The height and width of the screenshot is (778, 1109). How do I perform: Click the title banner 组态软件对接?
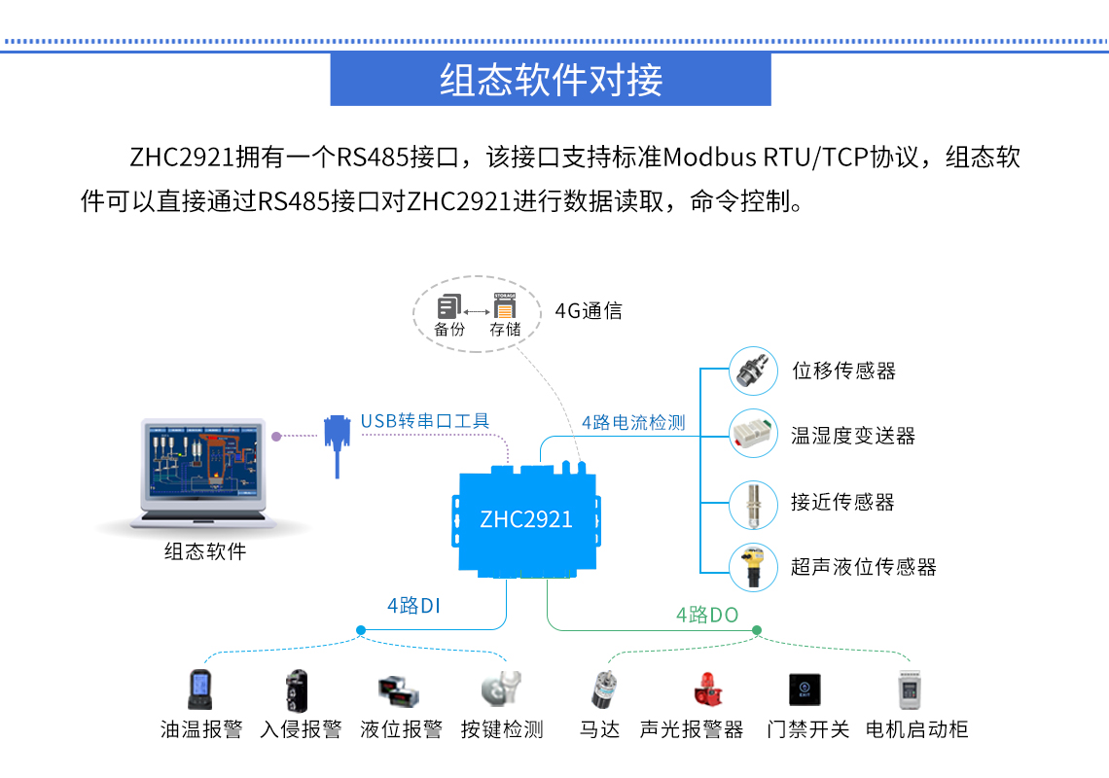tap(551, 80)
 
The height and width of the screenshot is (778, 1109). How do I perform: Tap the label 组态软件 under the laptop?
tap(205, 552)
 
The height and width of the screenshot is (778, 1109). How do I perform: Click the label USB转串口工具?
tap(425, 421)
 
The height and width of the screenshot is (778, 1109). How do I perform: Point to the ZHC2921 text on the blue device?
tap(526, 519)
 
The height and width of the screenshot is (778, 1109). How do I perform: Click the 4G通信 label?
tap(589, 311)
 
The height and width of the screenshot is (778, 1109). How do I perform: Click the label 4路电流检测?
tap(633, 422)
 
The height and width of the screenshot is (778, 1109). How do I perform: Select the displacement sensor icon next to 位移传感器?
tap(754, 370)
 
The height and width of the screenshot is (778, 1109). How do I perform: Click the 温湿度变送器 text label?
tap(853, 436)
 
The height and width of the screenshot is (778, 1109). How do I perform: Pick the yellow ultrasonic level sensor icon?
tap(754, 567)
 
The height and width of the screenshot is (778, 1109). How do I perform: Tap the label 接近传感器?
tap(842, 502)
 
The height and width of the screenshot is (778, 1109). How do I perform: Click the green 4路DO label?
tap(707, 615)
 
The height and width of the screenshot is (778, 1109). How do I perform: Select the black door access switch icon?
tap(805, 690)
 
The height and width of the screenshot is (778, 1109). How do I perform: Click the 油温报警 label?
tap(201, 729)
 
